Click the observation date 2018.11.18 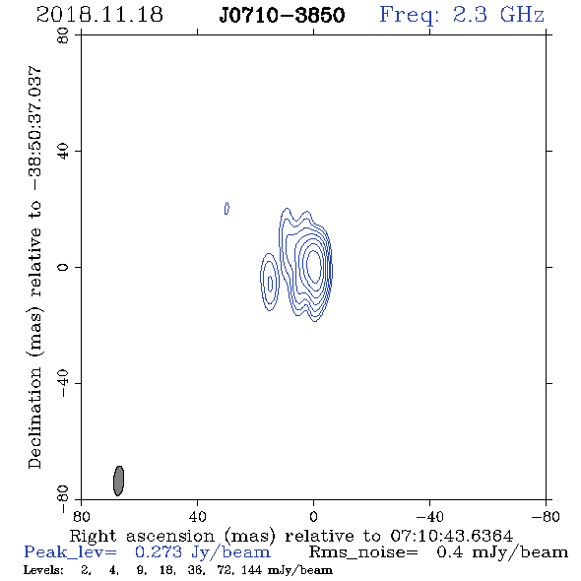pyautogui.click(x=99, y=15)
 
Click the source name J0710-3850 pyautogui.click(x=282, y=16)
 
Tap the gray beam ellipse pyautogui.click(x=118, y=481)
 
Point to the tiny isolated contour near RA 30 pyautogui.click(x=226, y=208)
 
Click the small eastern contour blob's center pyautogui.click(x=270, y=283)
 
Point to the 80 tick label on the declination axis pyautogui.click(x=63, y=35)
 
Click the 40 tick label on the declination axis pyautogui.click(x=63, y=152)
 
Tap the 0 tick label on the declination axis pyautogui.click(x=63, y=267)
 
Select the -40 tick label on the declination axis pyautogui.click(x=63, y=383)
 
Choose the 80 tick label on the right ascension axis pyautogui.click(x=81, y=517)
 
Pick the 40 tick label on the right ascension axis pyautogui.click(x=197, y=517)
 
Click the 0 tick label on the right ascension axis pyautogui.click(x=313, y=517)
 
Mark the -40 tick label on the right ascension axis pyautogui.click(x=429, y=517)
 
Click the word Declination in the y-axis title pyautogui.click(x=34, y=418)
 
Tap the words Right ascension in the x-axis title pyautogui.click(x=142, y=536)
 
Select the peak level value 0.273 pyautogui.click(x=159, y=552)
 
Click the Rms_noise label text pyautogui.click(x=363, y=552)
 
